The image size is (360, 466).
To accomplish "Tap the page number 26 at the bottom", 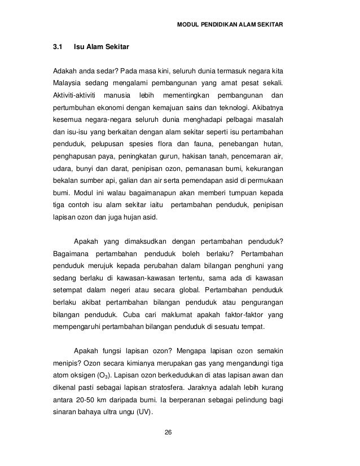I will click(x=168, y=433).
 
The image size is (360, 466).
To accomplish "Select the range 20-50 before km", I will click(x=86, y=401).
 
